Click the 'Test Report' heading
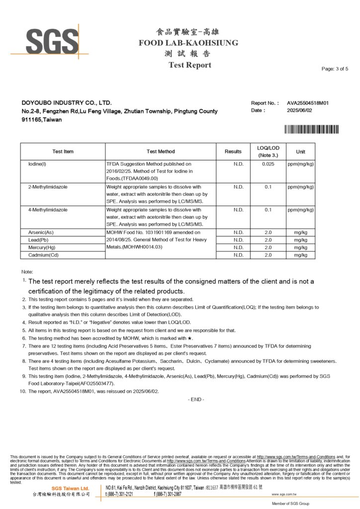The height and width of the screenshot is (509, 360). tap(189, 65)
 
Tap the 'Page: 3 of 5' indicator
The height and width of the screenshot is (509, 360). tap(335, 69)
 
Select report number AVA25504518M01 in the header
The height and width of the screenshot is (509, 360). tap(308, 103)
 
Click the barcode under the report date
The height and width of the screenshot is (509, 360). tap(311, 130)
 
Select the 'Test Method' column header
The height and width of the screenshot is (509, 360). tap(161, 152)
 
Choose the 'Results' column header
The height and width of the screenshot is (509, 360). tap(233, 152)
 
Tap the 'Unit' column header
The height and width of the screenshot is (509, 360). tap(301, 152)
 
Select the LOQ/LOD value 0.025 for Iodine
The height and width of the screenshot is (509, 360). tap(269, 164)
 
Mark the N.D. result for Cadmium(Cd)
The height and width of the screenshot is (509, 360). tap(238, 255)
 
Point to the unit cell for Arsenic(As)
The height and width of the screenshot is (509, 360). tap(301, 232)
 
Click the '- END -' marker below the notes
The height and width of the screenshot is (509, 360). tap(196, 400)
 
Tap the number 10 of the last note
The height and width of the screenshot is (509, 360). tap(22, 391)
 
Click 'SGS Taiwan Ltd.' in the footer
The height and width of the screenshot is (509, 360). tap(71, 488)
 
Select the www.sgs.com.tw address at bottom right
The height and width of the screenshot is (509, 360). tap(284, 495)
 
